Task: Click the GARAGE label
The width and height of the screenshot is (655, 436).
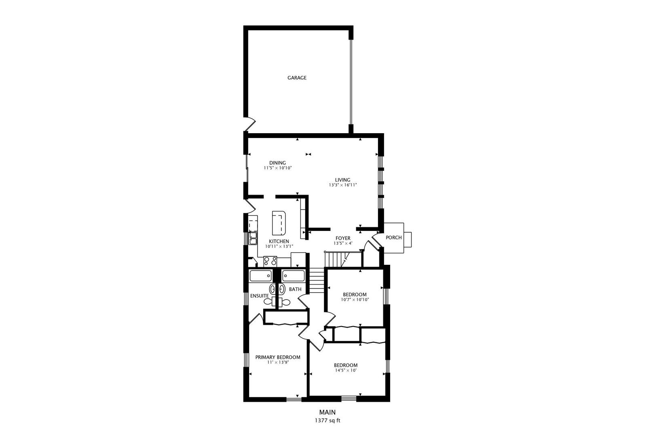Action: coord(297,78)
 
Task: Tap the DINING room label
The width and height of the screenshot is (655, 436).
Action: coord(277,163)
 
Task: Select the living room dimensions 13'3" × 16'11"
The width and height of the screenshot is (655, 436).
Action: coord(342,185)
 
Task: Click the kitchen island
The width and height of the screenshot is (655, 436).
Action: coord(279,223)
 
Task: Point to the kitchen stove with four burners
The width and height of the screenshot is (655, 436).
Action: coord(270,261)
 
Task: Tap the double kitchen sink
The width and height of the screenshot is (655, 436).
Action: coord(253,238)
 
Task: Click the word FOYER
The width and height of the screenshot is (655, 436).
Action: coord(343,238)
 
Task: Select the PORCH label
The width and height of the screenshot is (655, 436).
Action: coord(393,238)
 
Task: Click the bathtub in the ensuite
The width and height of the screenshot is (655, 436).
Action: coord(260,276)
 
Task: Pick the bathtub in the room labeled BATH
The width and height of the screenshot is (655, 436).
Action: coord(293,276)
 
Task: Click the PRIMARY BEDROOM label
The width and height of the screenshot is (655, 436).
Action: coord(277,357)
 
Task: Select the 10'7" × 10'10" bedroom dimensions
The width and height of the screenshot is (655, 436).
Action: coord(355,300)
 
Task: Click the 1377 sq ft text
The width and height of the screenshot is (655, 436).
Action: coord(327,420)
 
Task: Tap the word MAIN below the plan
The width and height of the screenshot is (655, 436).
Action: coord(327,412)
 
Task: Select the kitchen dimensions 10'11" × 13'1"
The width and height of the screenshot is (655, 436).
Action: coord(279,246)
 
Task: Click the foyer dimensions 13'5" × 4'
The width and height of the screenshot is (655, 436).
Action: coord(343,243)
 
